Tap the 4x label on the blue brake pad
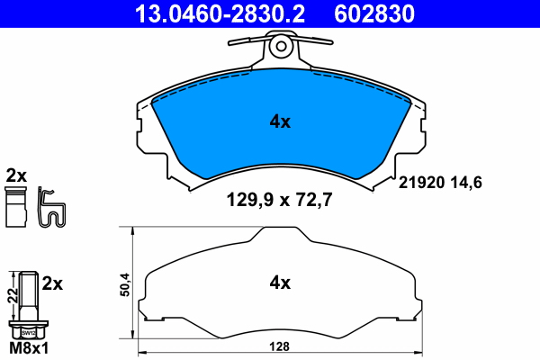pos(281,121)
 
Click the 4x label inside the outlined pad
pos(281,283)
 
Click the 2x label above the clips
pos(16,174)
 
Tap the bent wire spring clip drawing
pos(54,209)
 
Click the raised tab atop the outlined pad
pos(281,233)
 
